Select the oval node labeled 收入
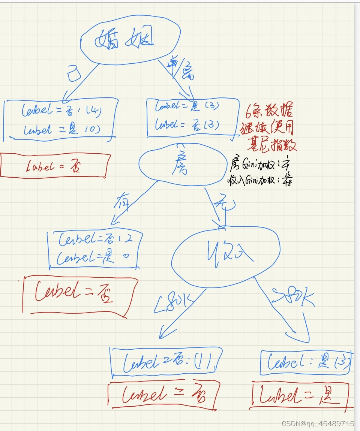pos(226,254)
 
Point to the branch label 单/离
pos(183,70)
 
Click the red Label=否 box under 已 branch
pos(55,165)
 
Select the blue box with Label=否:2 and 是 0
pos(95,249)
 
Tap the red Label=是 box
pos(302,395)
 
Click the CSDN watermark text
pos(317,424)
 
